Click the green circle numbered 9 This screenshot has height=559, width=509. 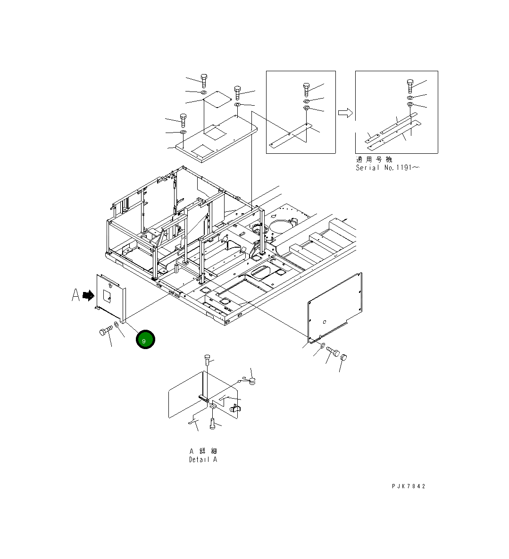(145, 339)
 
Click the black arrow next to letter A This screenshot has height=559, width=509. (88, 296)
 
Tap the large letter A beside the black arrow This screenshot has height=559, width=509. (75, 295)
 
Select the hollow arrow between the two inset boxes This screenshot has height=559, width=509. (345, 113)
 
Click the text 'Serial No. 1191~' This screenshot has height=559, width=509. (388, 167)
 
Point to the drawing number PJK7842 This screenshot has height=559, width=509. (409, 486)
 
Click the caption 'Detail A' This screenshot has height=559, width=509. (203, 459)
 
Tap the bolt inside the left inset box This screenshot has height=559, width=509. (306, 89)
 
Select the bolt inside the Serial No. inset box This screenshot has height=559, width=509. (410, 86)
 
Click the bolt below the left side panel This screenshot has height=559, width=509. (106, 331)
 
